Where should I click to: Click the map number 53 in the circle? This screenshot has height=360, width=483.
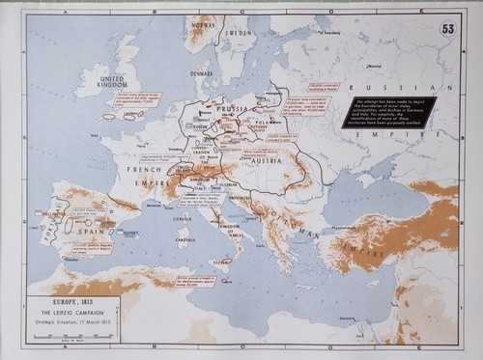447,30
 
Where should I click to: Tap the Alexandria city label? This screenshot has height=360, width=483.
358,318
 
